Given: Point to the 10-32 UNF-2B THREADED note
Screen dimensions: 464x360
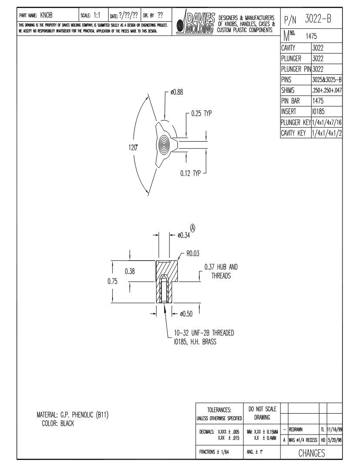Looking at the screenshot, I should pyautogui.click(x=204, y=333).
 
